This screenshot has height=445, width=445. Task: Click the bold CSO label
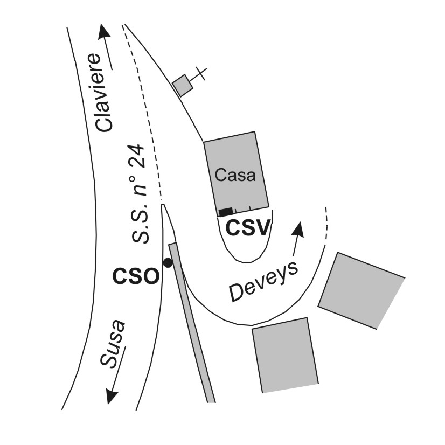[x=135, y=276]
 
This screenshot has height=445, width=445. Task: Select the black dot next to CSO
[x=168, y=263]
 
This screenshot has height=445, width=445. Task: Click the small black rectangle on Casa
[x=226, y=211]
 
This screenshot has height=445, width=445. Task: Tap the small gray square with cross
[x=183, y=85]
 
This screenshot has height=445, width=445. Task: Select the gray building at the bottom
[x=284, y=355]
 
